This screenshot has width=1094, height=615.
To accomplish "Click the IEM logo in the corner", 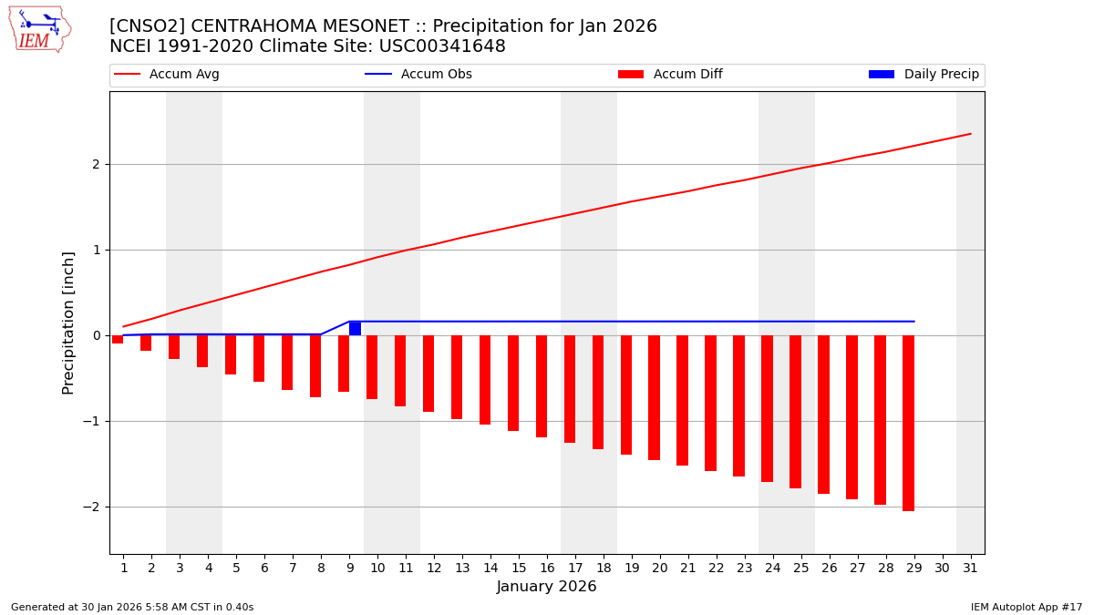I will tap(39, 29).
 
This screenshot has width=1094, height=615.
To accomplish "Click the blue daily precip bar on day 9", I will tap(355, 328).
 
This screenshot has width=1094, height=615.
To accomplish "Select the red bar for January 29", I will tap(908, 423).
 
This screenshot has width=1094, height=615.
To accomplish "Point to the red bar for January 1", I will tap(118, 339).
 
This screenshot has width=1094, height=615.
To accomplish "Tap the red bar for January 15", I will tap(513, 383).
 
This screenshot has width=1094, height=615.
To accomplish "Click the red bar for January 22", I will tap(710, 403).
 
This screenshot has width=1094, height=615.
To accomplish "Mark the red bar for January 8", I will tap(315, 366).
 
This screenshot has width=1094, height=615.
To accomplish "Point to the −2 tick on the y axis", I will tap(94, 507).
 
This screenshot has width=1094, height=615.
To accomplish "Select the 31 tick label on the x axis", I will tap(970, 569).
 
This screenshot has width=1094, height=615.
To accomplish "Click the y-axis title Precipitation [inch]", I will tap(68, 323).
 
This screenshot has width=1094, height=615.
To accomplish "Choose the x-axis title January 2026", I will tap(547, 587).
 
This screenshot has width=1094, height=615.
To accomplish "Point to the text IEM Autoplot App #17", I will tap(1027, 607).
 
